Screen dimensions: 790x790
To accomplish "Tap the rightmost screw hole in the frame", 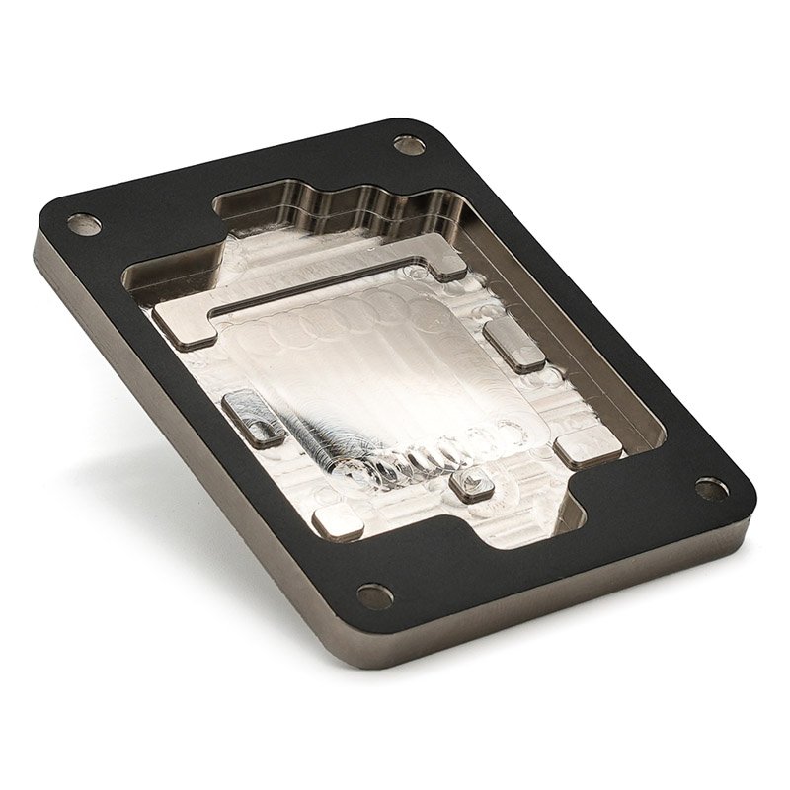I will tap(710, 487).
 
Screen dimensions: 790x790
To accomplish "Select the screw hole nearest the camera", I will tap(374, 594).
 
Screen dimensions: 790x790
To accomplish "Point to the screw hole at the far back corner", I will tap(409, 145).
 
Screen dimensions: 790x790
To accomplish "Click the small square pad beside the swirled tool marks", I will tap(471, 483).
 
